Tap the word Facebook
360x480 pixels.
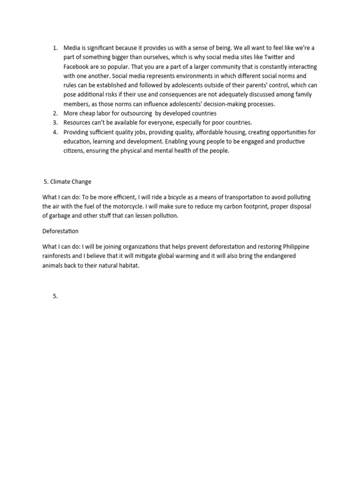76,67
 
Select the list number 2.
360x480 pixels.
55,113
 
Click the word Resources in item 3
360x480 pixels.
77,122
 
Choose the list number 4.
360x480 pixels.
55,132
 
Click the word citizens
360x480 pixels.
74,150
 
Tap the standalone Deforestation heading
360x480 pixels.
60,231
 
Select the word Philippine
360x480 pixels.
292,247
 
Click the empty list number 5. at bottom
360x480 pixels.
55,296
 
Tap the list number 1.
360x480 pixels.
55,48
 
